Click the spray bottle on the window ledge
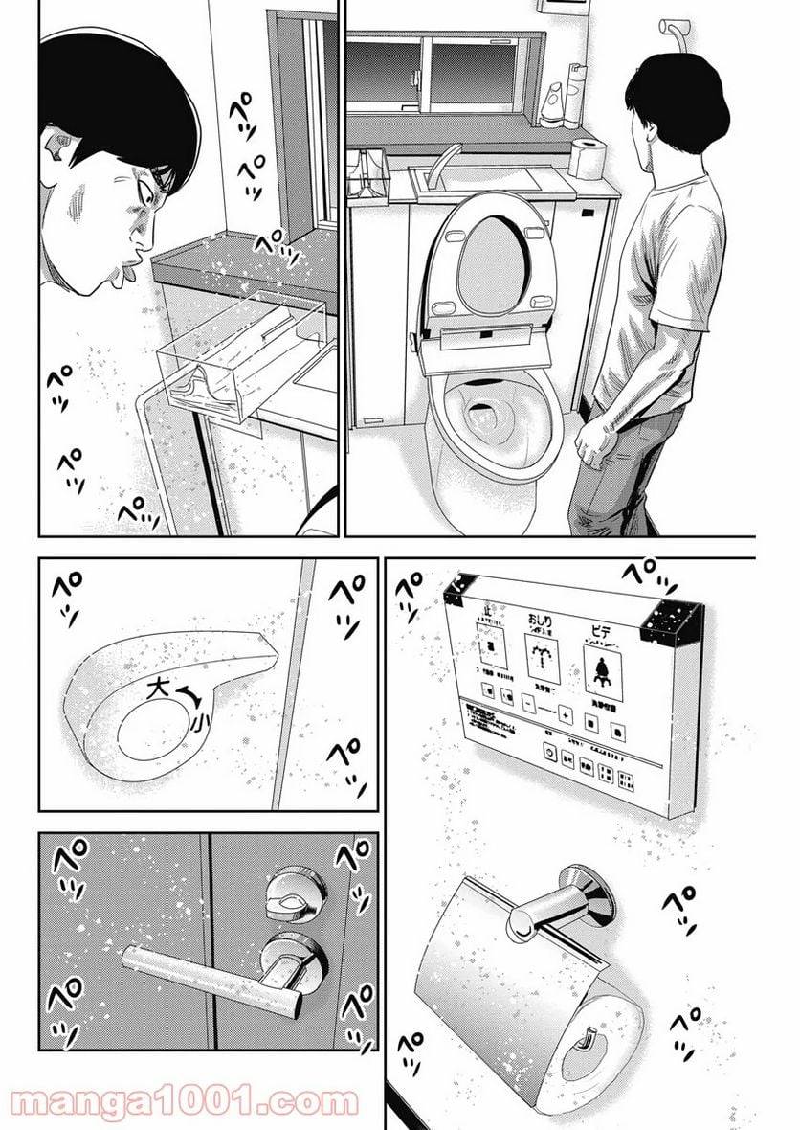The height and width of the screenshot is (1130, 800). tap(576, 96)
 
